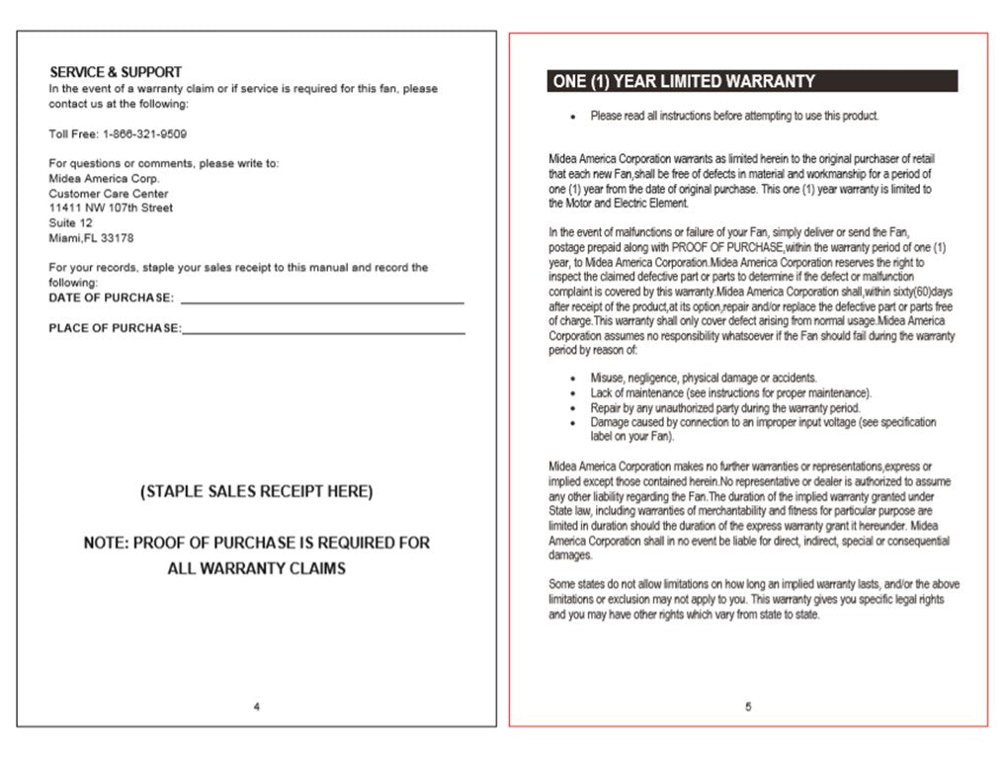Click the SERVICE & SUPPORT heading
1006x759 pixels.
click(x=116, y=72)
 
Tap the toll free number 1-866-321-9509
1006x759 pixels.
click(x=144, y=133)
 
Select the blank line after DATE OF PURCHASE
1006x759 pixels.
click(x=322, y=299)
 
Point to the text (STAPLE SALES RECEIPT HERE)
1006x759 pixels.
click(x=257, y=491)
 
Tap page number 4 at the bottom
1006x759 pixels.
click(x=257, y=706)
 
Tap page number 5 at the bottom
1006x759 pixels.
click(x=748, y=706)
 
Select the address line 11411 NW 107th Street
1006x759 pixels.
click(x=111, y=209)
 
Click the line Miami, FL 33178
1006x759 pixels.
click(x=91, y=238)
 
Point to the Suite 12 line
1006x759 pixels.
click(x=69, y=223)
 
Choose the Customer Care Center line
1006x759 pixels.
click(x=109, y=194)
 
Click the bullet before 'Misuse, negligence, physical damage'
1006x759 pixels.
click(x=573, y=379)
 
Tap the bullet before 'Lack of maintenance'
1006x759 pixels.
click(x=573, y=393)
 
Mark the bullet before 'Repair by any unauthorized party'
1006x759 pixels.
click(x=573, y=408)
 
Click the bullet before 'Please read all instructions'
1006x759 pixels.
click(x=573, y=117)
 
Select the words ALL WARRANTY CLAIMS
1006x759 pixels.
click(x=257, y=568)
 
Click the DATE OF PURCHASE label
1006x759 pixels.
click(x=112, y=298)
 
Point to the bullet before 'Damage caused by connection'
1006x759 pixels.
click(x=573, y=423)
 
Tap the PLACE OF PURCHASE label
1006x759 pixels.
click(x=115, y=328)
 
